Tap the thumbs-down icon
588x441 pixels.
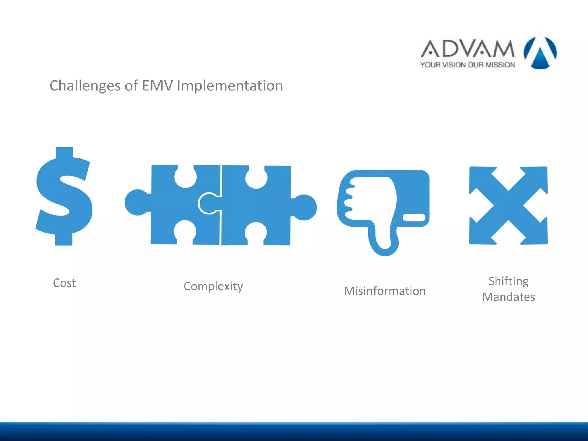click(383, 207)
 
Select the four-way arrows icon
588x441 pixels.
click(508, 205)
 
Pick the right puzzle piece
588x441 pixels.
click(256, 205)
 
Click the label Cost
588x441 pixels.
click(64, 283)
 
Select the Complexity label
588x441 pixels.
click(213, 286)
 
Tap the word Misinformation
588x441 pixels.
click(385, 291)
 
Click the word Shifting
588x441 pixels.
click(508, 281)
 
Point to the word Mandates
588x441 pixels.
click(508, 297)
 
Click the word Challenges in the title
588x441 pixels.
click(85, 86)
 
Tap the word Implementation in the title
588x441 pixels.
click(230, 86)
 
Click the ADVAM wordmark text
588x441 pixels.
click(468, 49)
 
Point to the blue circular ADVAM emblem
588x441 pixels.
click(540, 53)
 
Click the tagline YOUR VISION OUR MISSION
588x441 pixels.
click(468, 65)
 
